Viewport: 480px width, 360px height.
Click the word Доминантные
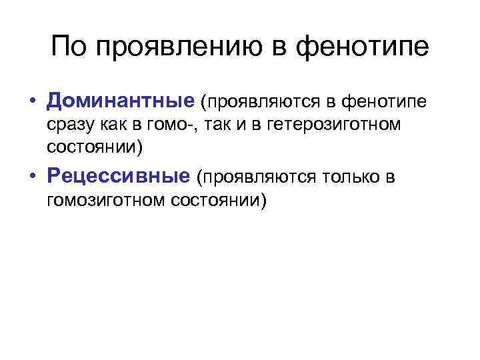120,102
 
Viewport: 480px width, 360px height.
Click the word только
350,177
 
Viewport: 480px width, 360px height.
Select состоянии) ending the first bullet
95,145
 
